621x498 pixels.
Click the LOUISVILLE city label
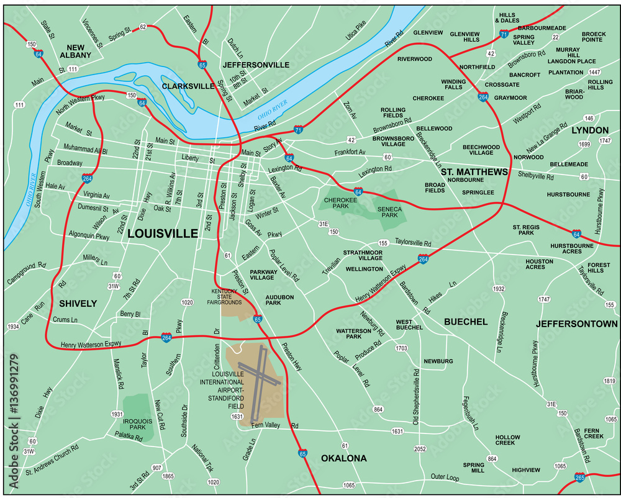pyautogui.click(x=163, y=234)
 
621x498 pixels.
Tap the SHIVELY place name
pyautogui.click(x=78, y=304)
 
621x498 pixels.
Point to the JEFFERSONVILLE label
pyautogui.click(x=256, y=65)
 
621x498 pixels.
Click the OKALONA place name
pyautogui.click(x=343, y=459)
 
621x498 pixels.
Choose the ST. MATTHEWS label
pyautogui.click(x=474, y=171)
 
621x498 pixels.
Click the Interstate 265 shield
pyautogui.click(x=580, y=478)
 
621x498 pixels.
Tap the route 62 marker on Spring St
pyautogui.click(x=143, y=27)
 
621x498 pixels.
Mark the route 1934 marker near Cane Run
pyautogui.click(x=13, y=326)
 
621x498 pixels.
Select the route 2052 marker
pyautogui.click(x=420, y=449)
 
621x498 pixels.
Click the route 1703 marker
pyautogui.click(x=401, y=348)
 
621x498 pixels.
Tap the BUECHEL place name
pyautogui.click(x=465, y=322)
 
